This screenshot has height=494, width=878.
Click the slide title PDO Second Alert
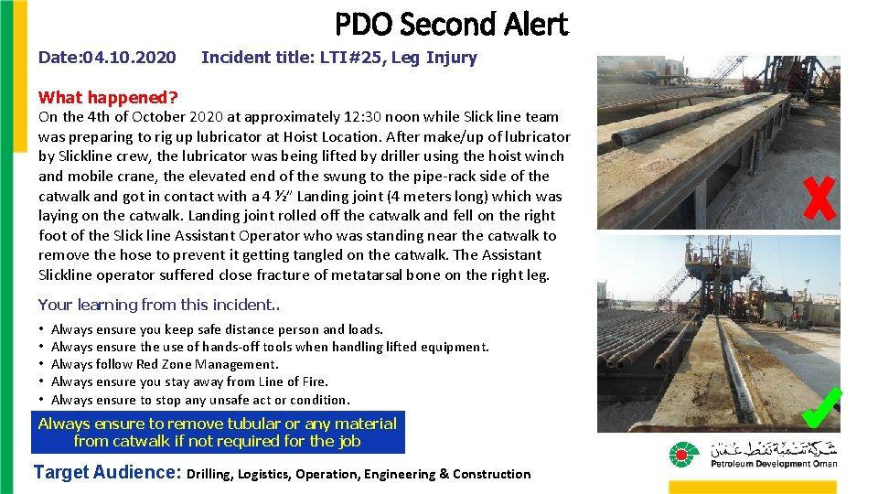[x=451, y=25]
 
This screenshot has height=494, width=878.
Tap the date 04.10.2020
[x=129, y=58]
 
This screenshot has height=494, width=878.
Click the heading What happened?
[x=108, y=97]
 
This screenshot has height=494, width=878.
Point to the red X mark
[x=819, y=198]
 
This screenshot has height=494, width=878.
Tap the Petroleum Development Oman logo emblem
[x=683, y=454]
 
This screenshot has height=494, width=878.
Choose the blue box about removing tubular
[x=218, y=432]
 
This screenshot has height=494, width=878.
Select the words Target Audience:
[x=107, y=473]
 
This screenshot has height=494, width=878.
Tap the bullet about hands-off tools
[x=270, y=347]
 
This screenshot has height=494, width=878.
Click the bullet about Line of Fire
[x=189, y=381]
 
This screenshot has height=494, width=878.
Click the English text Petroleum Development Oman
[x=774, y=464]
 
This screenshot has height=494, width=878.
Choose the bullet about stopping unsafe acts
[x=200, y=400]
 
